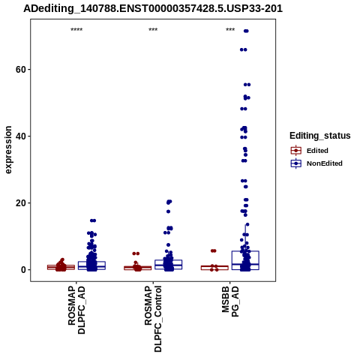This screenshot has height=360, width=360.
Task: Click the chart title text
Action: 153,8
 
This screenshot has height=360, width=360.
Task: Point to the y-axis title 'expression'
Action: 8,150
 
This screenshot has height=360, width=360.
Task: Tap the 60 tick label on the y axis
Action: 21,70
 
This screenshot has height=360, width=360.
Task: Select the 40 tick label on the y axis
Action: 21,136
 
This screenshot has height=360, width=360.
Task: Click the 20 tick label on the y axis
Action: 21,203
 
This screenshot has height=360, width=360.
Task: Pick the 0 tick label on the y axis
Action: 24,270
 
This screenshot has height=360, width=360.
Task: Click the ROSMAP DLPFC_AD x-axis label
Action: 76,310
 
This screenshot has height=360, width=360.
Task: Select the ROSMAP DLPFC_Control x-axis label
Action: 153,319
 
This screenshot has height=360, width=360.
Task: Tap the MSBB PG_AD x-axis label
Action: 230,301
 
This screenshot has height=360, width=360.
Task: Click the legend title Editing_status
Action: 320,136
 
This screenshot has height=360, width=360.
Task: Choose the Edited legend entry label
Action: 317,151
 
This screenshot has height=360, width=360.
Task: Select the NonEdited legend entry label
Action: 325,163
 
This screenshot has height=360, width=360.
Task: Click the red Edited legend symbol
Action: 296,151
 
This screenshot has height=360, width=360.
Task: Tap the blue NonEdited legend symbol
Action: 296,163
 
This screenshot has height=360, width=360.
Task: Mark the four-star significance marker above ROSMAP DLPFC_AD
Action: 76,30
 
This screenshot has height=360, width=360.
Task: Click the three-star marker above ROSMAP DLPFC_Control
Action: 153,30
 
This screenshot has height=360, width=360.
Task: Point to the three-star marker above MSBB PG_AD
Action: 230,30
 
